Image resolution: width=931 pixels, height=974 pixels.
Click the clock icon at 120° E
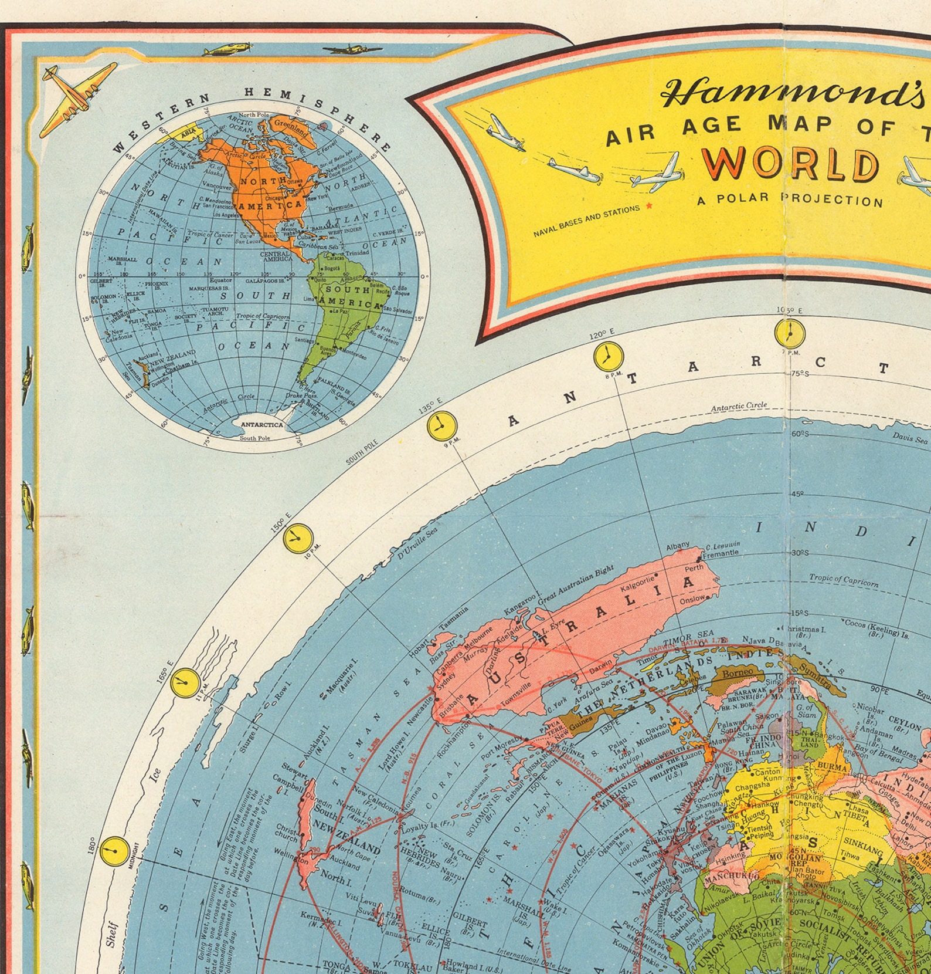tap(608, 357)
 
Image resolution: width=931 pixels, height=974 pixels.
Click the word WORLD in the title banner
tap(791, 164)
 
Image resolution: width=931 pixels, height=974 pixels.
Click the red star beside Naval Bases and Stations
tap(648, 206)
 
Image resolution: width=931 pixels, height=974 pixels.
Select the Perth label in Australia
tap(694, 569)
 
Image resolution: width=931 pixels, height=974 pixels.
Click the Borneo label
tap(738, 671)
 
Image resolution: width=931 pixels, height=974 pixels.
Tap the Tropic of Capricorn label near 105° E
tap(844, 580)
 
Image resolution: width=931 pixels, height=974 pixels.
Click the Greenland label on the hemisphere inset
tap(291, 126)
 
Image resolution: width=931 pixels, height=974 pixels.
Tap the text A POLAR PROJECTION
tap(790, 199)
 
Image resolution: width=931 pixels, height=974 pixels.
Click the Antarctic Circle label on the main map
tap(739, 406)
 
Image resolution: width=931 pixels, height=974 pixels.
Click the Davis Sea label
tap(910, 438)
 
